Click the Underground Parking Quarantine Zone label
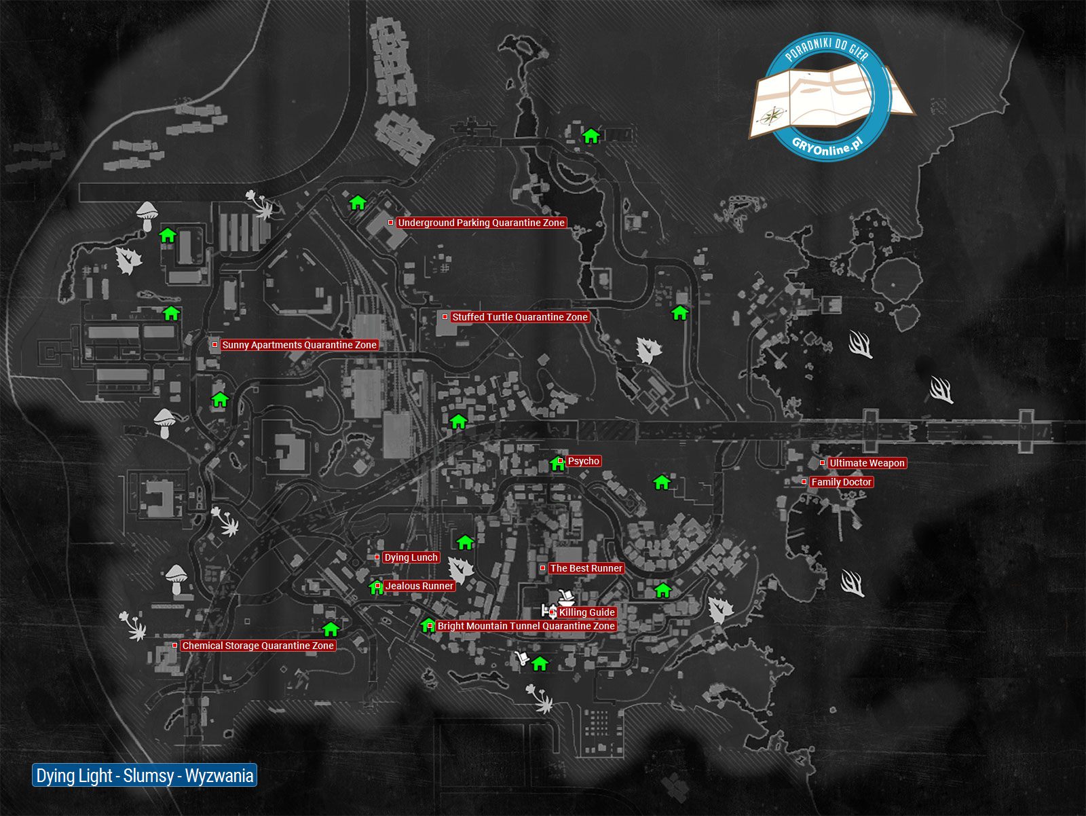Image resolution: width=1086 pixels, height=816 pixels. [481, 223]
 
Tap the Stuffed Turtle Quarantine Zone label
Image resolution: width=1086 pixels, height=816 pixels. [519, 317]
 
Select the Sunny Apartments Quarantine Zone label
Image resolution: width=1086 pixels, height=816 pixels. [299, 345]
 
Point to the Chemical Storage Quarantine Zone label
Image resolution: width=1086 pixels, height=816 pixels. [258, 646]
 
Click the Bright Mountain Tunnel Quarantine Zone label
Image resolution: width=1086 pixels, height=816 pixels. [526, 626]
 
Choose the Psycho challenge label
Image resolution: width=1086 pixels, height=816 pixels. [583, 461]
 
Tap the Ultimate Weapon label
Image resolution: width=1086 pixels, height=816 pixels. [867, 463]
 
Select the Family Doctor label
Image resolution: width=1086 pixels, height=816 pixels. [841, 482]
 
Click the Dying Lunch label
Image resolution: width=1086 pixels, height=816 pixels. [411, 558]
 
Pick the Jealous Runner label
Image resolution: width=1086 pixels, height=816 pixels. [419, 586]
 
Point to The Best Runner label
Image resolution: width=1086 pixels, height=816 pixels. [586, 568]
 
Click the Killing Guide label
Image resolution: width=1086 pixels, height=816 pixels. [587, 612]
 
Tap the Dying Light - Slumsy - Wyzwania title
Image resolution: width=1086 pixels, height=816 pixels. [145, 775]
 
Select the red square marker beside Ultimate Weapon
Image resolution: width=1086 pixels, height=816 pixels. [822, 463]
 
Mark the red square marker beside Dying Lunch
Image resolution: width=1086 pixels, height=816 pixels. [377, 557]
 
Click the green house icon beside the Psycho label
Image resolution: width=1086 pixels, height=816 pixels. [557, 464]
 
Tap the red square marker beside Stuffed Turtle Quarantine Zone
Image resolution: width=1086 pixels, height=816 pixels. [445, 317]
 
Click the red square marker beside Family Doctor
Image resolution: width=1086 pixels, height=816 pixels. [804, 481]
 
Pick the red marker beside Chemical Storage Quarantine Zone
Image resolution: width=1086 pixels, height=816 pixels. [174, 646]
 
